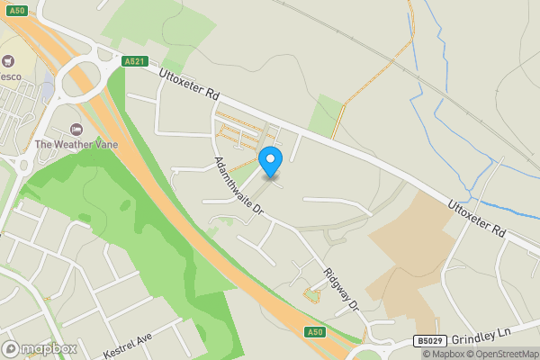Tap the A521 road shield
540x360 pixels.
point(134,61)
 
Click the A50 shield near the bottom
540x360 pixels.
point(314,332)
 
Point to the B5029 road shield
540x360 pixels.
point(429,341)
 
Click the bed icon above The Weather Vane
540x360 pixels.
point(76,129)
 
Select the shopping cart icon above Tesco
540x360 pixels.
point(9,61)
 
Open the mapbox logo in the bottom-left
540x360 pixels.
point(40,348)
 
